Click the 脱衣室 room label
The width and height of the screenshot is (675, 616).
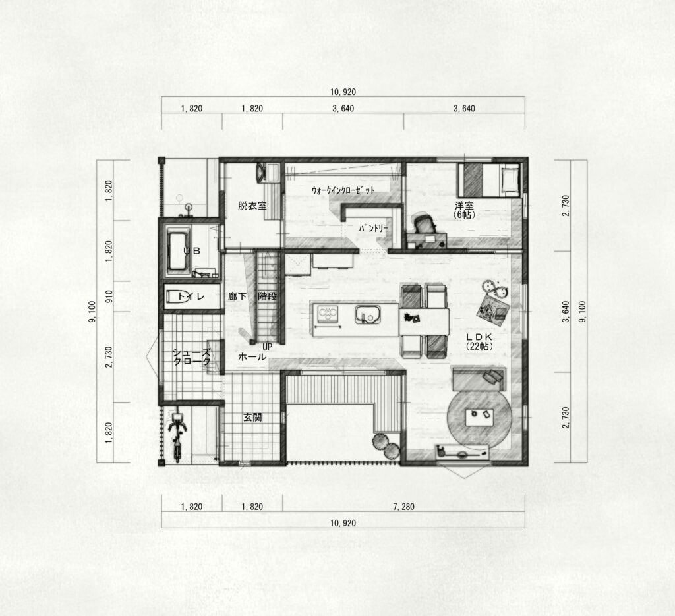point(252,206)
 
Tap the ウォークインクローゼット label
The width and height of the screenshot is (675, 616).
point(343,190)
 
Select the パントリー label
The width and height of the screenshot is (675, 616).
point(374,229)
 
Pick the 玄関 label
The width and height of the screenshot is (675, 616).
point(252,417)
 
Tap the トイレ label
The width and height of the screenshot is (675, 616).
point(191,296)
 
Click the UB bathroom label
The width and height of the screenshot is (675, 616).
point(192,251)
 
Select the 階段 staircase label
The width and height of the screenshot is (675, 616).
point(267,296)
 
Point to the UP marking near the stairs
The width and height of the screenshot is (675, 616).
point(268,346)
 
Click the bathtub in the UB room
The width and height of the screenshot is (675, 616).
point(179,251)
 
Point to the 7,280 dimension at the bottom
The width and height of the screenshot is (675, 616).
point(403,507)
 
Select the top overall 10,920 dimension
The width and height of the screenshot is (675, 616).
point(343,92)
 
